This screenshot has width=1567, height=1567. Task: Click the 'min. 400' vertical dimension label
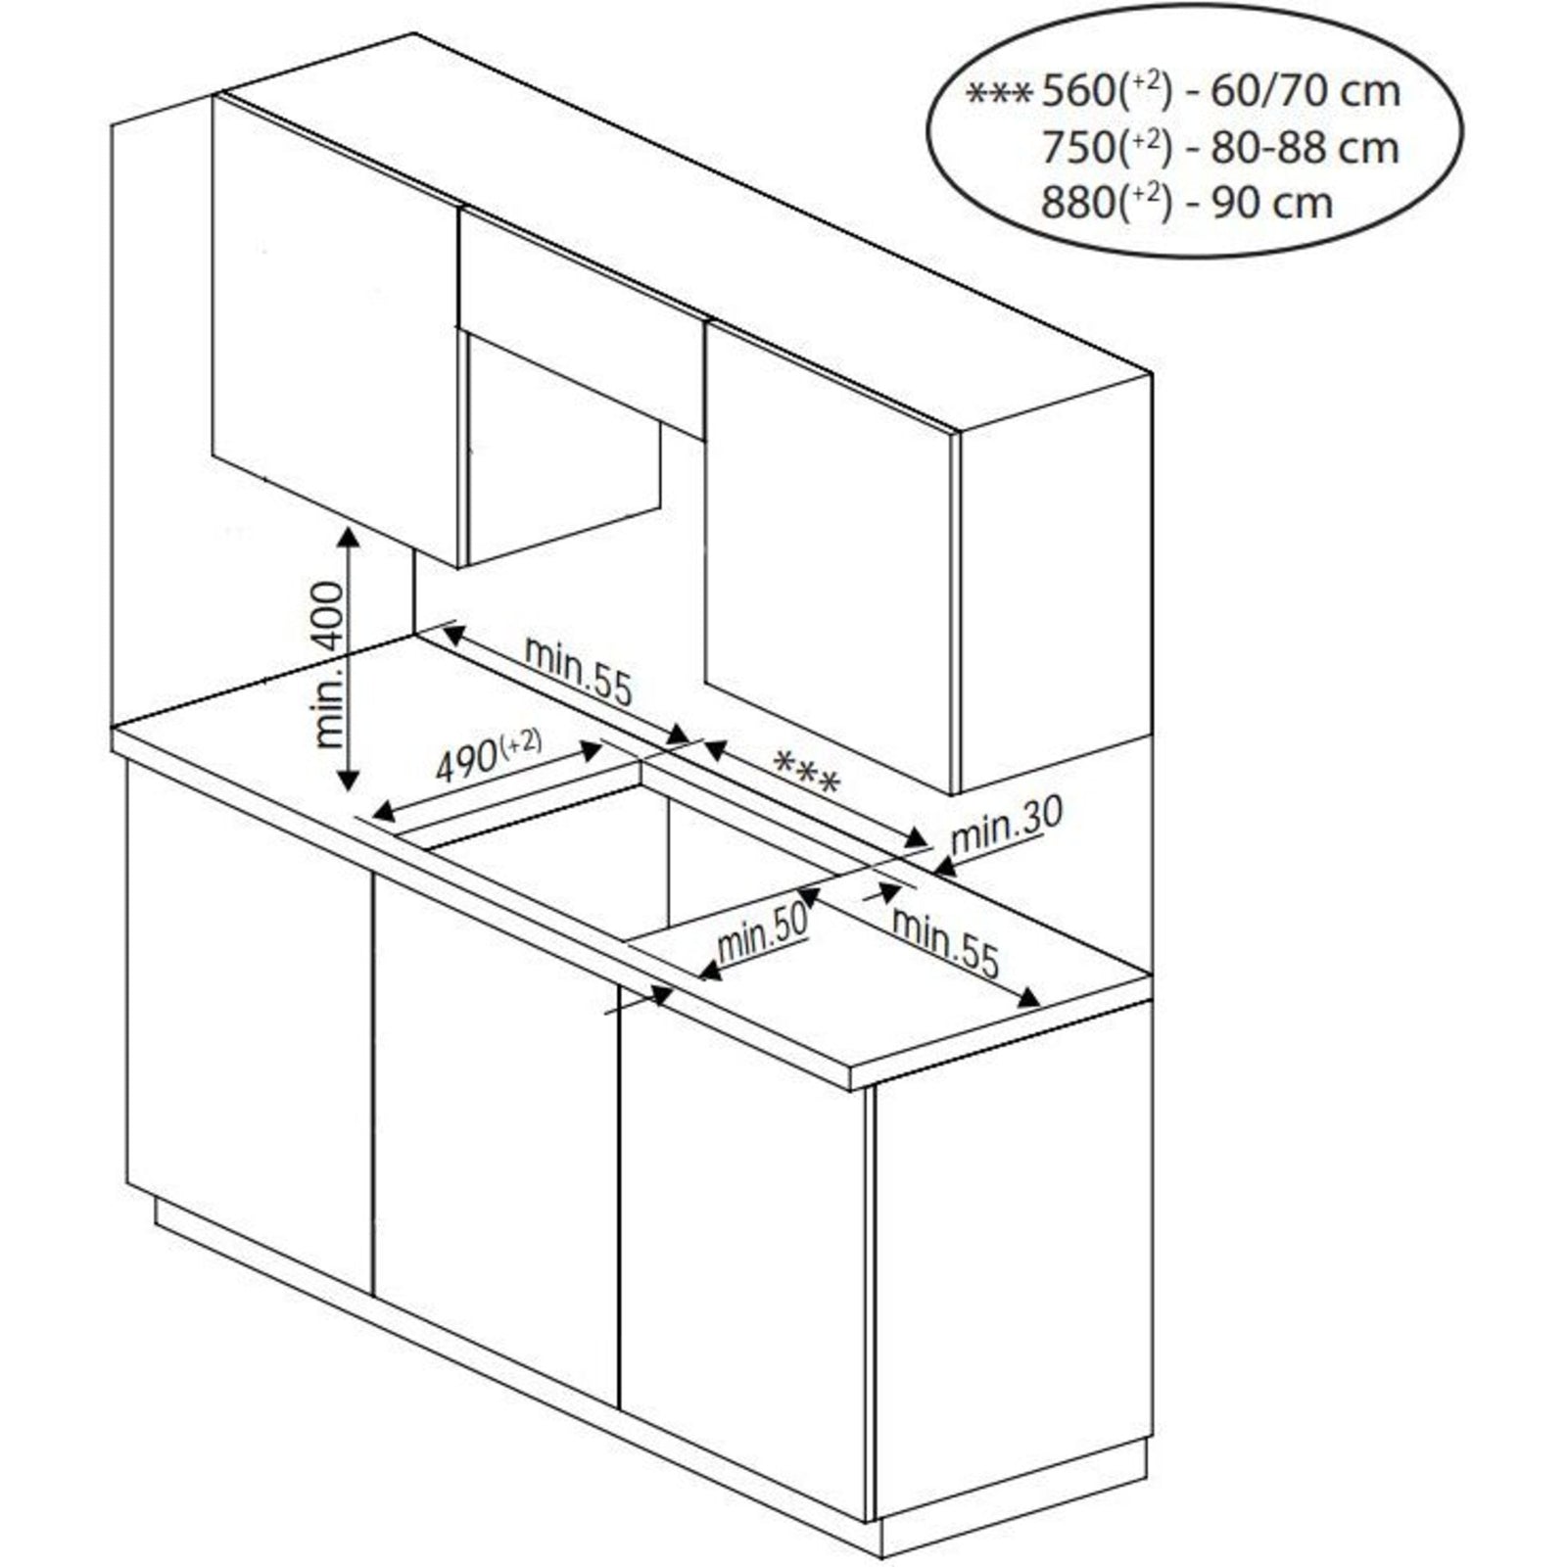click(x=332, y=664)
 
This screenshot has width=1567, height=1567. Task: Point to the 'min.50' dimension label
click(x=763, y=933)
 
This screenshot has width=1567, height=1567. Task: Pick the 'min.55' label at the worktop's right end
click(x=945, y=942)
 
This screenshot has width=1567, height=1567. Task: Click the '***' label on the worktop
click(x=806, y=771)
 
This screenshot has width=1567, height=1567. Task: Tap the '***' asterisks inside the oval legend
click(x=998, y=95)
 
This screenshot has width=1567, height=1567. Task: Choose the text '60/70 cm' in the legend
click(x=1306, y=92)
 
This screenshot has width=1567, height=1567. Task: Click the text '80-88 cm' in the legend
click(x=1305, y=148)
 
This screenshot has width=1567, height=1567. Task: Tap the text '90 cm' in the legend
click(x=1272, y=204)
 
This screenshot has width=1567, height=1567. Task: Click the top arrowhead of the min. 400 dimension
click(x=347, y=537)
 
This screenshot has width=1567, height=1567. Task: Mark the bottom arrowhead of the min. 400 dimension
click(x=347, y=781)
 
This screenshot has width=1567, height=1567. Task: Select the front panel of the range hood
click(x=582, y=323)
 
